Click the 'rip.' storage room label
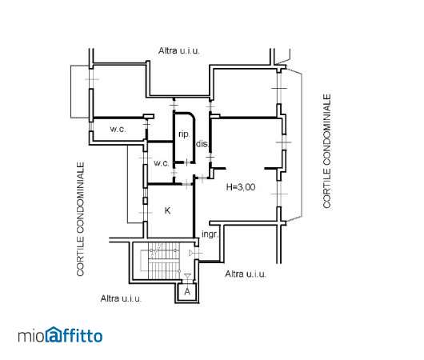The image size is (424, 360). [x=184, y=134]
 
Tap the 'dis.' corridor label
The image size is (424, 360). [x=202, y=144]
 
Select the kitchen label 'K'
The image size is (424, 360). [x=167, y=210]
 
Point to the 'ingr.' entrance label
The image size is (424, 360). [x=210, y=234]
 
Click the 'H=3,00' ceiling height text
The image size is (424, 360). [x=241, y=187]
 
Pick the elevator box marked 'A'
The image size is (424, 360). [x=187, y=292]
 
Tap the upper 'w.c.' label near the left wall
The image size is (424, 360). [x=118, y=129]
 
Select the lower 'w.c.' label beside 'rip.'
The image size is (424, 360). [x=162, y=163]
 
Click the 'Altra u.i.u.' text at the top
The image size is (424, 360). [x=178, y=50]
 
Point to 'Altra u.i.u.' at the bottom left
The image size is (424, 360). [x=121, y=298]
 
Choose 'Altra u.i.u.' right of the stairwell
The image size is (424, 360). [x=246, y=274]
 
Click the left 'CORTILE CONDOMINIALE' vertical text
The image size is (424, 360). [x=80, y=219]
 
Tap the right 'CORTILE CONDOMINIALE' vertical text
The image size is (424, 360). [x=327, y=151]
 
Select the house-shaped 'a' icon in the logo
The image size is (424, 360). [x=54, y=334]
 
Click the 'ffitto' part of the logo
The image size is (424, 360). [x=82, y=335]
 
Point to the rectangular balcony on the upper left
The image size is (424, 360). [x=80, y=92]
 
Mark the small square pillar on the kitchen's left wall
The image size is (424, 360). [x=146, y=201]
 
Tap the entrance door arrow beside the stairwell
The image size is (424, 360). [x=190, y=253]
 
